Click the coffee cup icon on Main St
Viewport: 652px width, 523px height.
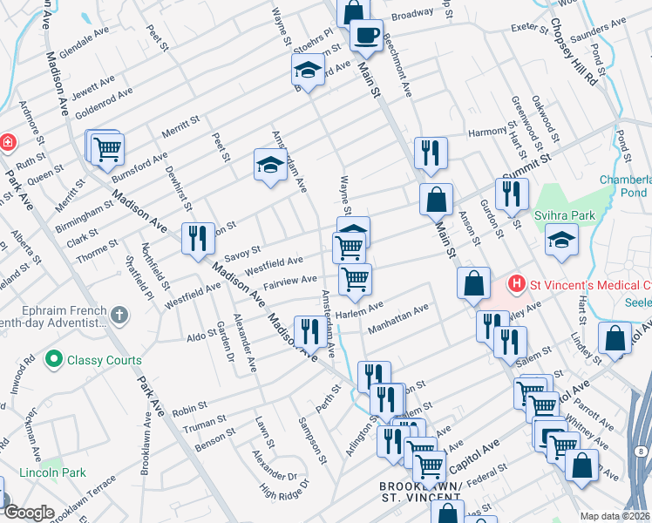point(366,35)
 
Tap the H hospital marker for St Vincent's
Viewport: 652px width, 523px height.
point(517,284)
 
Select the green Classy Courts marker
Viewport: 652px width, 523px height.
point(55,358)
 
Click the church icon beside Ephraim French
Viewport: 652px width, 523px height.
point(119,314)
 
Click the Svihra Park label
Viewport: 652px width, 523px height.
point(583,214)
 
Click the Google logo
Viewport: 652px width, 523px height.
point(28,512)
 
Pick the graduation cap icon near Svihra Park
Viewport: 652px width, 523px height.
point(561,239)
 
